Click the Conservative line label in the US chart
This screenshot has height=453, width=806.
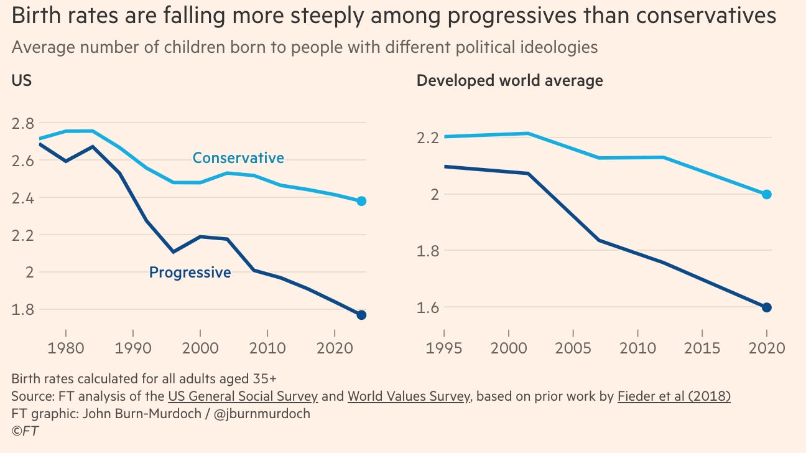(x=238, y=158)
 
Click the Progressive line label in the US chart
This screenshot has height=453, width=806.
(x=190, y=272)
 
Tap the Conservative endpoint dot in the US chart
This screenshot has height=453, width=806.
(x=361, y=201)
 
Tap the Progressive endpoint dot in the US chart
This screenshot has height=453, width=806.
(x=361, y=315)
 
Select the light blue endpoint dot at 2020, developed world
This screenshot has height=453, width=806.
(x=767, y=194)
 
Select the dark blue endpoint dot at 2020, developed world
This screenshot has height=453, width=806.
(x=767, y=307)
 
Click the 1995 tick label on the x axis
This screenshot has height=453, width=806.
(x=444, y=347)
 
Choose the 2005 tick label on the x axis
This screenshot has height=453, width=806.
(x=573, y=347)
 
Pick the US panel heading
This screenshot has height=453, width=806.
(x=22, y=80)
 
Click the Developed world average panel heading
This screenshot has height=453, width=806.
(x=509, y=80)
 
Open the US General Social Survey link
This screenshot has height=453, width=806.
(x=243, y=396)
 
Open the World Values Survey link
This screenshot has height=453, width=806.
(x=408, y=396)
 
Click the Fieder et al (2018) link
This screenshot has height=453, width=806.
(x=674, y=396)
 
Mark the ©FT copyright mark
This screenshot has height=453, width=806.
(x=25, y=430)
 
